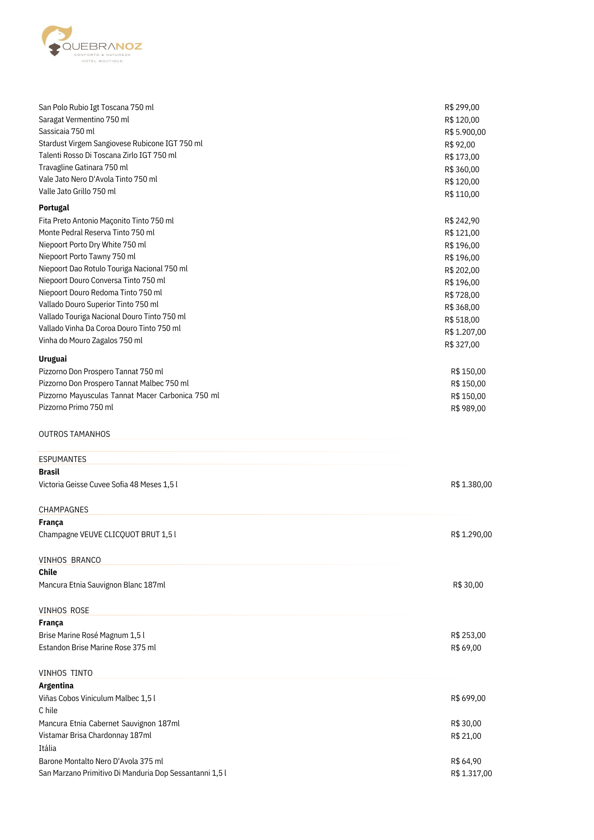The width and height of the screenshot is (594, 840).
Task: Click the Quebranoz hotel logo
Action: [92, 44]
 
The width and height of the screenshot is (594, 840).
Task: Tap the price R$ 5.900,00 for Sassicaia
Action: [465, 132]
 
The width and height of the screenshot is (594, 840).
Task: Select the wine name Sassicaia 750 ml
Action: [66, 131]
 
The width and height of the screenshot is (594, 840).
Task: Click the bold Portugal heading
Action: [54, 207]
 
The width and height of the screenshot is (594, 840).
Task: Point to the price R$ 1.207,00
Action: [465, 332]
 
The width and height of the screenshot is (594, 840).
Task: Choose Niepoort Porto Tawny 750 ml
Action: [87, 257]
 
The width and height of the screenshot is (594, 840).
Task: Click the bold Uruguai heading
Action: [53, 359]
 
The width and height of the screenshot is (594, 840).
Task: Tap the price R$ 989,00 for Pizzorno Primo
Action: [468, 408]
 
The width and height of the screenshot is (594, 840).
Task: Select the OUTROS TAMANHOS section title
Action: [74, 434]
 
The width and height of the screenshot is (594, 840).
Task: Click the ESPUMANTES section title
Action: [63, 459]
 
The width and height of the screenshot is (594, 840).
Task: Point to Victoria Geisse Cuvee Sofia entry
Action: [108, 484]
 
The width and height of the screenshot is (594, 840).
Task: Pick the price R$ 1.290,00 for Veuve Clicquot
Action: [471, 534]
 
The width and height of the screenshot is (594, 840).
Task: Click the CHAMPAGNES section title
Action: [63, 509]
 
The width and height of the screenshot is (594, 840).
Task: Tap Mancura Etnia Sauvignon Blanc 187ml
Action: [102, 585]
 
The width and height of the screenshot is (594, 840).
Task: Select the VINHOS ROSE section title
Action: [64, 610]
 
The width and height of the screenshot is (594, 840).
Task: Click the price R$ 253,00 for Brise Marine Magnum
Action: [468, 635]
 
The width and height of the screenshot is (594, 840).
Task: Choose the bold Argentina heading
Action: [56, 685]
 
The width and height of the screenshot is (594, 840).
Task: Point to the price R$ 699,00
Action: [468, 698]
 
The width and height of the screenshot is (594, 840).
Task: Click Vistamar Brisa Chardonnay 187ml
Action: [95, 735]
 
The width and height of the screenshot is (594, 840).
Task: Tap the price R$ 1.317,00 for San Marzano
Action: [471, 773]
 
